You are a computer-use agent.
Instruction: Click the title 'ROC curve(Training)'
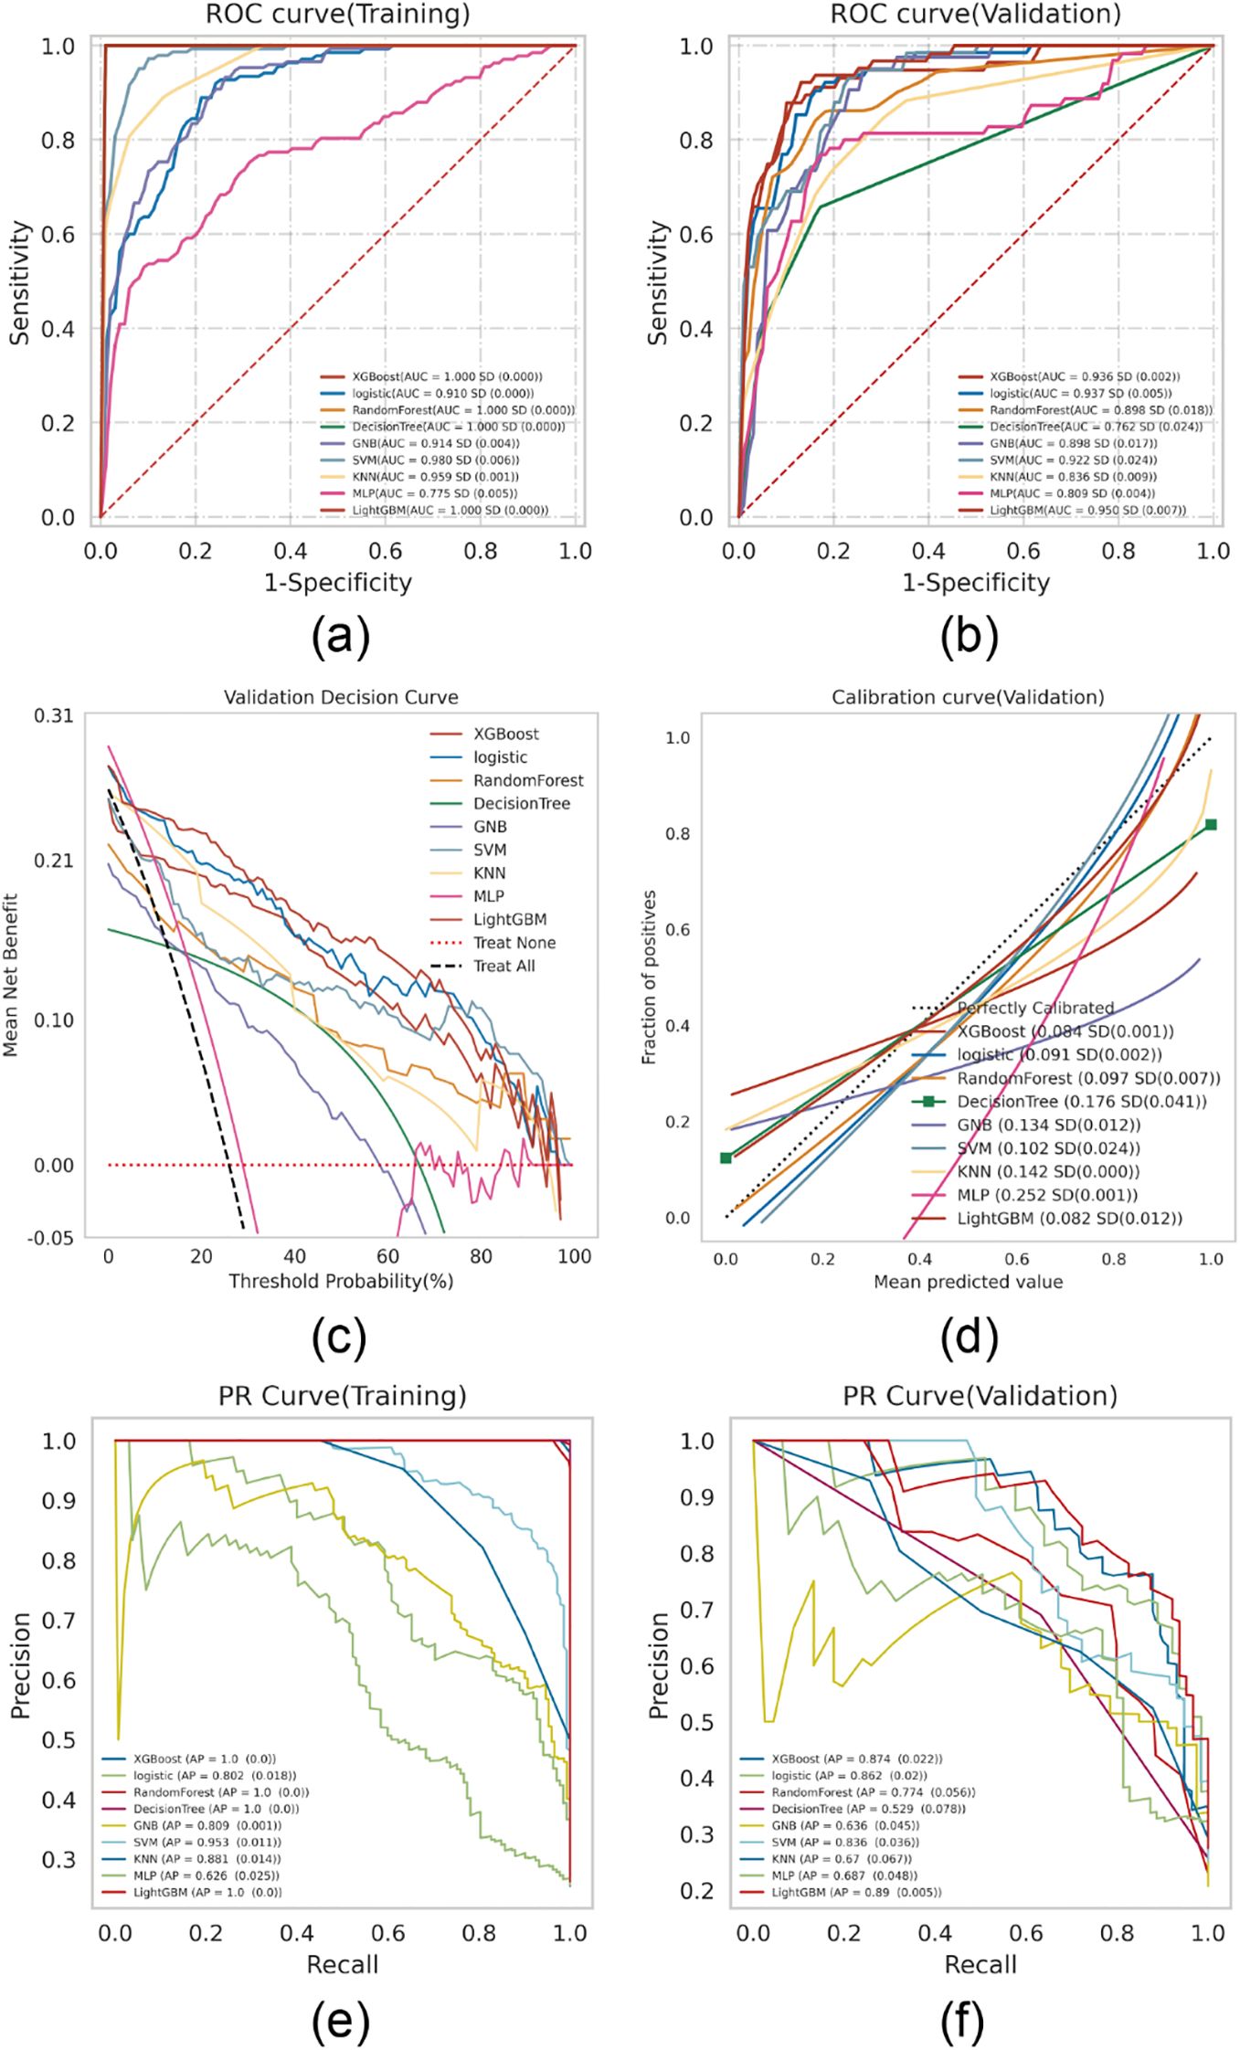(x=338, y=14)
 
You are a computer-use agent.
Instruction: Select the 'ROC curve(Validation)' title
(x=975, y=14)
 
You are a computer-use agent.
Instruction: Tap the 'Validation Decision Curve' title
(x=341, y=697)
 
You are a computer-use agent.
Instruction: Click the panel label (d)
(x=969, y=1337)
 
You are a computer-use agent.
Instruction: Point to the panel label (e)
(x=340, y=2020)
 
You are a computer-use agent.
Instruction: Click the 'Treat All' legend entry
(x=503, y=966)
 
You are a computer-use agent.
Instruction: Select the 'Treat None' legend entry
(x=514, y=943)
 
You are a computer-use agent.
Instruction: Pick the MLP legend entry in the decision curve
(x=489, y=896)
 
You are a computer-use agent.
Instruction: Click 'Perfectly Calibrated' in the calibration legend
(x=1035, y=1008)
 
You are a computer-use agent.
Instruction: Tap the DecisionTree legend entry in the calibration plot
(x=1081, y=1102)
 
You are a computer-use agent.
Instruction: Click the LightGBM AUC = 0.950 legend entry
(x=1087, y=510)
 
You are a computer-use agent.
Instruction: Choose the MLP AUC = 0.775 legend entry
(x=434, y=493)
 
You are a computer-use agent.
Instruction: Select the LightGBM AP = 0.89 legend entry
(x=856, y=1892)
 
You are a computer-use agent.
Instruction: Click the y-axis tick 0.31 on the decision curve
(x=54, y=715)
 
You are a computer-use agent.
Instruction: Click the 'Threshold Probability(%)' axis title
(x=341, y=1281)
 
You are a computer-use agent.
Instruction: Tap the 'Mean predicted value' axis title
(x=968, y=1282)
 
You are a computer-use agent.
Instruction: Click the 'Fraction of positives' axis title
(x=649, y=977)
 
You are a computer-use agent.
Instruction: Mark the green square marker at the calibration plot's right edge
(x=1211, y=824)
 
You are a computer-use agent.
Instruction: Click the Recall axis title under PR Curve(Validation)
(x=980, y=1964)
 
